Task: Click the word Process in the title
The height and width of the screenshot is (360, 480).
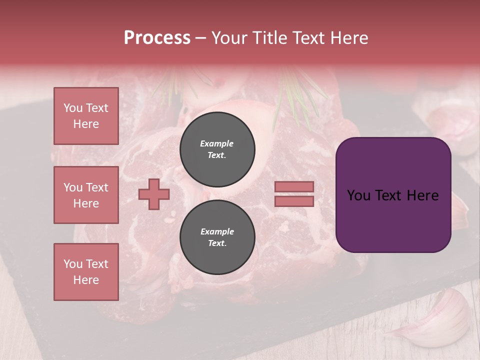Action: click(157, 37)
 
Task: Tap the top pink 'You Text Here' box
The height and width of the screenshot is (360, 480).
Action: click(86, 116)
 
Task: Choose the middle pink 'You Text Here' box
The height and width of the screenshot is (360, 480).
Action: click(86, 195)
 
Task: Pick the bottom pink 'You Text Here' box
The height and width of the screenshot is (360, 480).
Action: click(86, 272)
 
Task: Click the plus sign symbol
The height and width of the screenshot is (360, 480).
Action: click(154, 194)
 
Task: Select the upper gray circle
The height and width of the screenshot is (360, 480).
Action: click(217, 149)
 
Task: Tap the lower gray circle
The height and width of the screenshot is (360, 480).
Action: click(217, 237)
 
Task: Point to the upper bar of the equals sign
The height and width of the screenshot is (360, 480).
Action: click(294, 187)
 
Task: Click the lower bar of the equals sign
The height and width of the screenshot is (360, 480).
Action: click(294, 201)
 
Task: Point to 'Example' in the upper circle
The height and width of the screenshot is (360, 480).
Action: click(217, 143)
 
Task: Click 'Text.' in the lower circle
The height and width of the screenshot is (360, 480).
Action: click(217, 243)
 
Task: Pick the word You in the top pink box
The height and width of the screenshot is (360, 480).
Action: click(72, 108)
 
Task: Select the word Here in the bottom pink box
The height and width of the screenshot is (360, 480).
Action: click(86, 280)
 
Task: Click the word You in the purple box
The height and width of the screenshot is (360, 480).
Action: click(358, 195)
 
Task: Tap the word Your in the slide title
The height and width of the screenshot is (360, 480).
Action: click(230, 37)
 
